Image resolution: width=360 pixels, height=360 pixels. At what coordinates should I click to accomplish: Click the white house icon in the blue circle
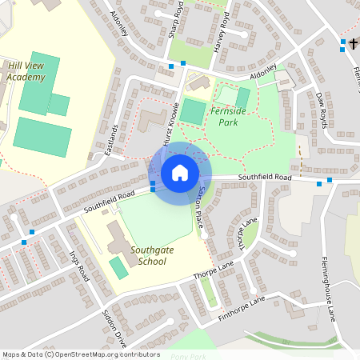pyautogui.click(x=180, y=173)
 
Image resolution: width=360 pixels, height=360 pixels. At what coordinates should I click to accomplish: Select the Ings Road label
pyautogui.click(x=78, y=266)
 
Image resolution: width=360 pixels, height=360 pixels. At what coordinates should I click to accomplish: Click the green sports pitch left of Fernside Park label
pyautogui.click(x=192, y=111)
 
